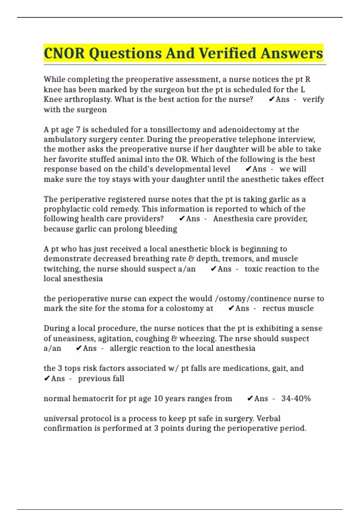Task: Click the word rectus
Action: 273,308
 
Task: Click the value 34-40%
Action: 296,398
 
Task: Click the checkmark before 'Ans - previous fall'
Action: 46,379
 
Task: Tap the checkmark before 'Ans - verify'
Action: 271,99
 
